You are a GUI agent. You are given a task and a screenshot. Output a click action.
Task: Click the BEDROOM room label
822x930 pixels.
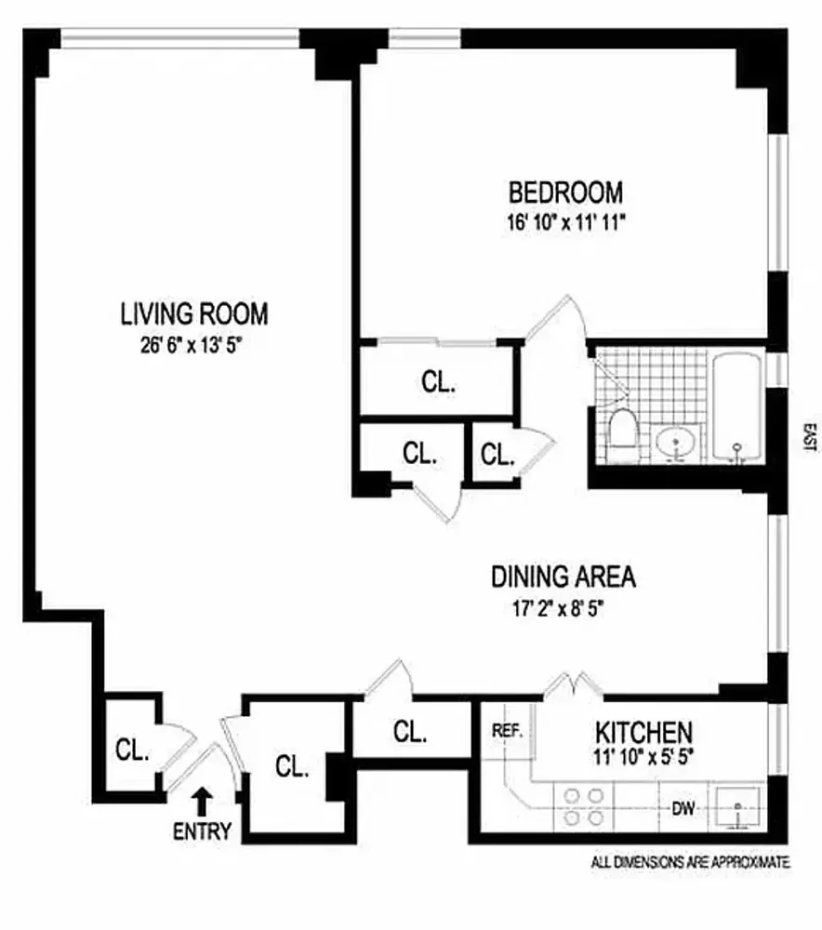(565, 193)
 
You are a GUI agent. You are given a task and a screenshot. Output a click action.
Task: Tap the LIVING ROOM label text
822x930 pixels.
(194, 313)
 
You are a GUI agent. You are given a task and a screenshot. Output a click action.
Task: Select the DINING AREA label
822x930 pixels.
(563, 577)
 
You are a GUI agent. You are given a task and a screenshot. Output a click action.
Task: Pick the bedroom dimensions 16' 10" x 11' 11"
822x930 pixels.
(565, 222)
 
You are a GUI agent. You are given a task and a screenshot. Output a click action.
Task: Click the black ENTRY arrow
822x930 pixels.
(203, 801)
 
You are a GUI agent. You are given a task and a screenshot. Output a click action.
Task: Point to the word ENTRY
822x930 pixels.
(202, 830)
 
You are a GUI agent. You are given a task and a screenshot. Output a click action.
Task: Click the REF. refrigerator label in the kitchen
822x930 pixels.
(508, 731)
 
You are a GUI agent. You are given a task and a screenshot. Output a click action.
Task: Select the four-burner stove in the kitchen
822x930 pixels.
(583, 807)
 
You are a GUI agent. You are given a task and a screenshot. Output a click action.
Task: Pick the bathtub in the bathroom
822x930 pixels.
(737, 406)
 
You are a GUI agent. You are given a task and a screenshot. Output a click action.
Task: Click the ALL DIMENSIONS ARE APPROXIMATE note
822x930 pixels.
(691, 862)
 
